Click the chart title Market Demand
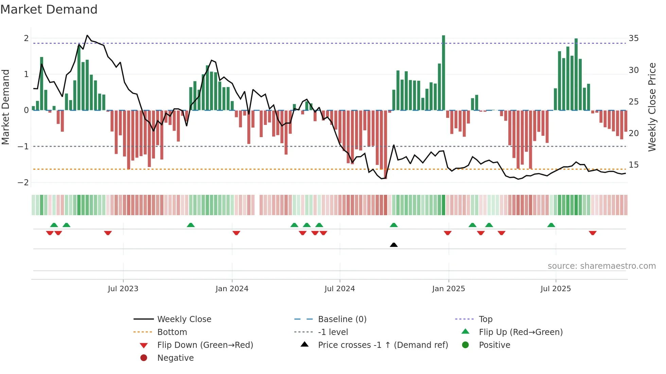[x=49, y=10]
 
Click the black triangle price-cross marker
[x=393, y=245]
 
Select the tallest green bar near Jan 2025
[x=443, y=73]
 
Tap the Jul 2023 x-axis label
[x=123, y=289]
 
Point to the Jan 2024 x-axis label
[x=232, y=289]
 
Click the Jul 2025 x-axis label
[x=556, y=289]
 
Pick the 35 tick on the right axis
[x=633, y=38]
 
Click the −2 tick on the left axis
[x=23, y=183]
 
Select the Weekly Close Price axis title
[x=652, y=107]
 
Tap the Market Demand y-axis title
[x=5, y=107]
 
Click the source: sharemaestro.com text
[x=601, y=266]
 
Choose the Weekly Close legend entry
[x=184, y=319]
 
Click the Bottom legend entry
[x=172, y=332]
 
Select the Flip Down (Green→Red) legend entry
[x=205, y=345]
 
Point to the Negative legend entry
[x=175, y=358]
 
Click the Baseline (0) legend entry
[x=342, y=319]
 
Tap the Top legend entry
[x=485, y=319]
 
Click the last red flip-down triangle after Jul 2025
[x=593, y=233]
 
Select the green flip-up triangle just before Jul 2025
[x=551, y=225]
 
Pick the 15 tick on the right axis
[x=633, y=165]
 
